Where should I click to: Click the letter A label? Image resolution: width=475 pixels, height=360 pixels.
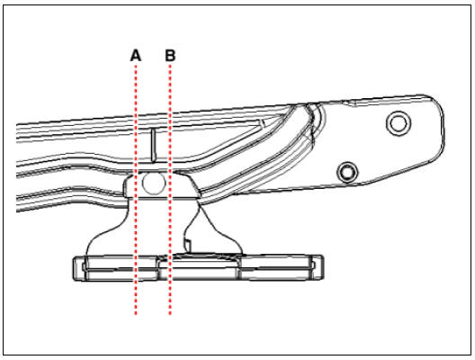136,56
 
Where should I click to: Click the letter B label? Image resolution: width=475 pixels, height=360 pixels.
170,56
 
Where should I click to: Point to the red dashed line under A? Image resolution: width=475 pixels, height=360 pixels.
136,190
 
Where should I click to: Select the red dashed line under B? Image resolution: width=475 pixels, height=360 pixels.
170,190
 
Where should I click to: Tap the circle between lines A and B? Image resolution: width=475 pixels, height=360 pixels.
154,184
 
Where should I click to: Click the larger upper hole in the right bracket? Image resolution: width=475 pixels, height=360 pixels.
399,123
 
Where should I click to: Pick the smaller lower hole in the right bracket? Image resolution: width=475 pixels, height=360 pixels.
347,172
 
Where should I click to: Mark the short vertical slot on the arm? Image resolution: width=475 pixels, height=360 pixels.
154,145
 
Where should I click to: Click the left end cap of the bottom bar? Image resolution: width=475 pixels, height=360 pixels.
80,268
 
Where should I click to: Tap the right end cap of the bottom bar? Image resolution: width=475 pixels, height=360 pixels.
318,267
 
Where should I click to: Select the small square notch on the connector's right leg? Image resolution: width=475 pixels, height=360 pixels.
188,244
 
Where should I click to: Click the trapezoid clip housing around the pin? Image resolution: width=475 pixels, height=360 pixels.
161,185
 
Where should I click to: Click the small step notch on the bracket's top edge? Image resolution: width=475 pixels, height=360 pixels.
349,103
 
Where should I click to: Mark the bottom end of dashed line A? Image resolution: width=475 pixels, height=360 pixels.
136,314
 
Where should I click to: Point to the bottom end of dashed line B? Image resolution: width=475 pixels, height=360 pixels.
170,314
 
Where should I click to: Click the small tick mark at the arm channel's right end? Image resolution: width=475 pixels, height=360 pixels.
263,122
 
